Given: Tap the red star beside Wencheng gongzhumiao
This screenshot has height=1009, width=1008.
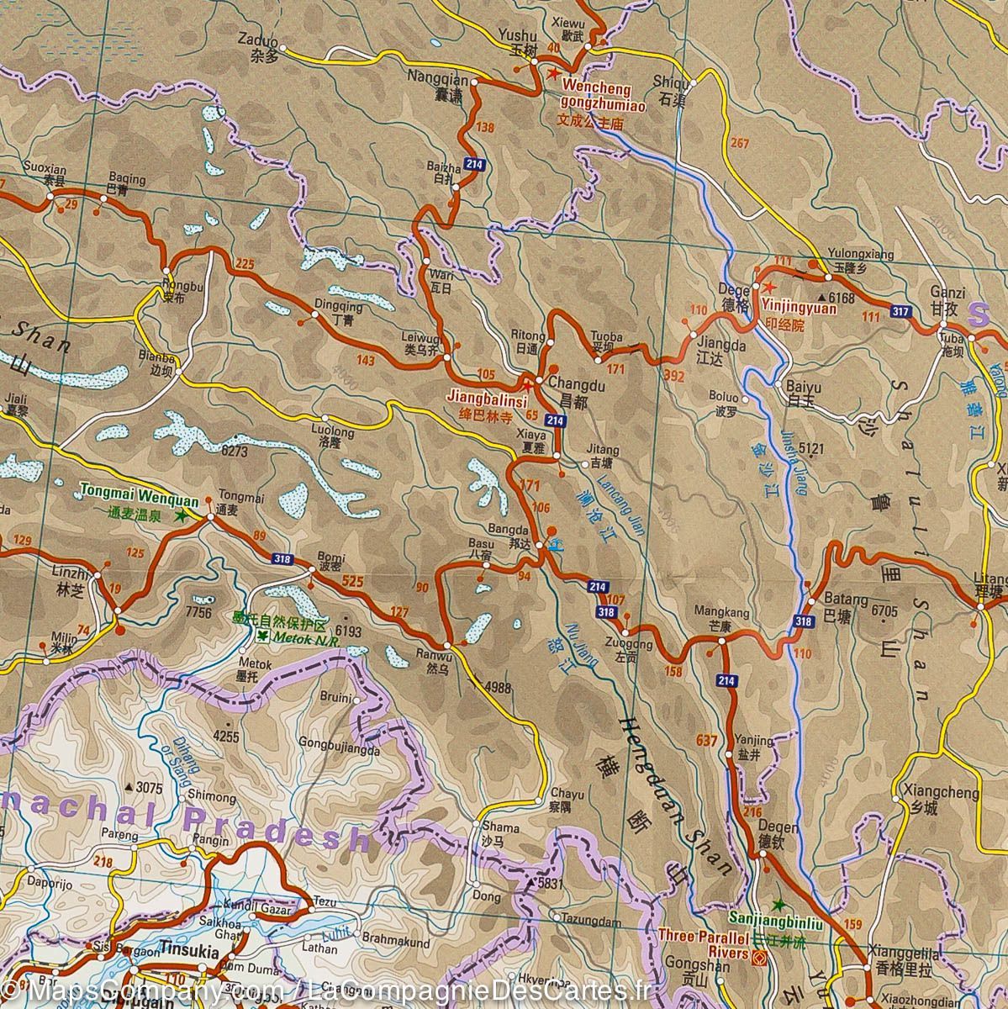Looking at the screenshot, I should [552, 74].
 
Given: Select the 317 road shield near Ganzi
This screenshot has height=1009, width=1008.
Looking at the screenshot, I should [901, 312].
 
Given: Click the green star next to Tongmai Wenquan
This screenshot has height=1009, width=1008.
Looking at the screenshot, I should [180, 519].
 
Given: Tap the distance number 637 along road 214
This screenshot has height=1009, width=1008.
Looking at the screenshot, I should [707, 741].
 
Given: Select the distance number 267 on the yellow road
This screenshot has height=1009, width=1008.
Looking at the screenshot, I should [740, 143].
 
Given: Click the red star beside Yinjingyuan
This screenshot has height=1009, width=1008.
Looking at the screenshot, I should [768, 287].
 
